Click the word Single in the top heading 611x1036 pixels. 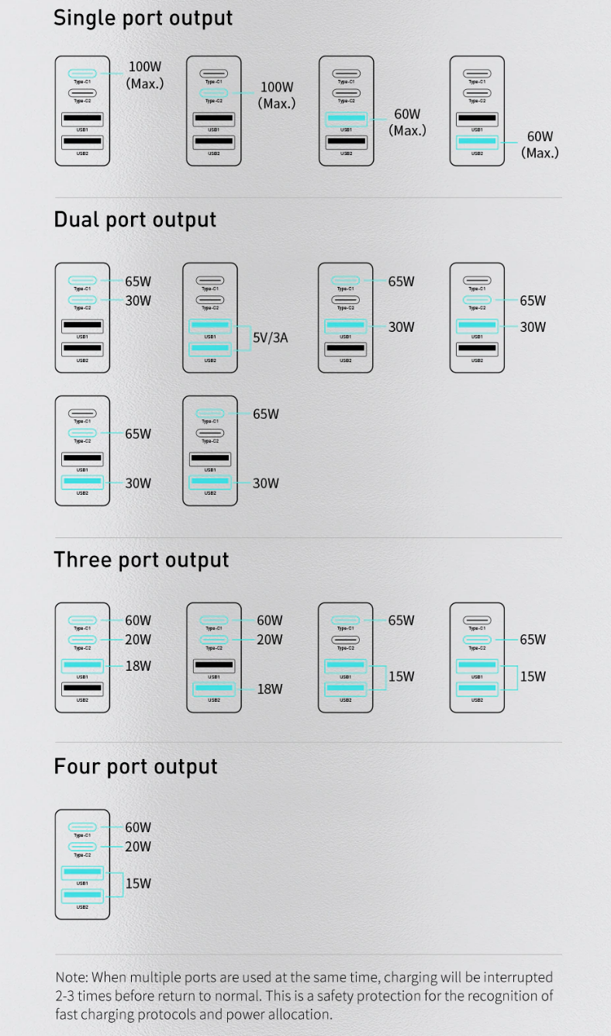(x=81, y=18)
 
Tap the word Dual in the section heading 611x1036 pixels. (x=77, y=219)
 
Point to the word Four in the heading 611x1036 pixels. (x=78, y=766)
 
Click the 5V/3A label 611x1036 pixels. (x=271, y=338)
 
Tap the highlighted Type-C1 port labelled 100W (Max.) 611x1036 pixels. (x=82, y=74)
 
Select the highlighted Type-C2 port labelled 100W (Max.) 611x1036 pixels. (x=214, y=94)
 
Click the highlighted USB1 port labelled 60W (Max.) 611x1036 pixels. (x=346, y=119)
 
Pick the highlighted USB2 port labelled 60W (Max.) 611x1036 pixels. (x=477, y=143)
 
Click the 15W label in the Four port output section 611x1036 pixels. (x=138, y=883)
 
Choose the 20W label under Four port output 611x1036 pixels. (x=138, y=847)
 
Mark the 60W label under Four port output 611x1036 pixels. (x=138, y=827)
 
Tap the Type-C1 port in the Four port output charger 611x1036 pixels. (x=82, y=827)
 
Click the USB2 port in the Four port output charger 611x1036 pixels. (x=82, y=896)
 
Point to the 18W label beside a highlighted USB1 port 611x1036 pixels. (x=138, y=666)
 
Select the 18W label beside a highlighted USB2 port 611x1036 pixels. (x=270, y=689)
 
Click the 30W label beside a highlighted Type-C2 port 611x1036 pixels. (x=138, y=300)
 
